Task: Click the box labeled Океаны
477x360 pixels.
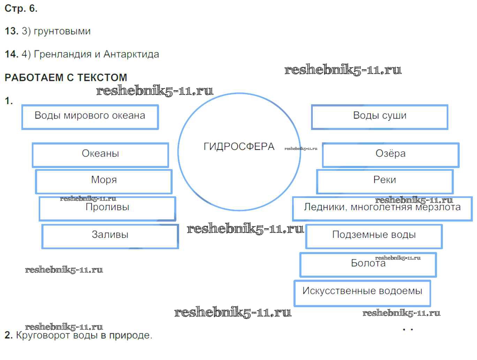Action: [100, 154]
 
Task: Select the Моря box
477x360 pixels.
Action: [104, 181]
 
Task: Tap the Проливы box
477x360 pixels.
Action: [107, 208]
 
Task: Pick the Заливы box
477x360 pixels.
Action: [110, 236]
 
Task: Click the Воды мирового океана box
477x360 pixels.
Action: [90, 116]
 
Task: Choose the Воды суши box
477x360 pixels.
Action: [380, 116]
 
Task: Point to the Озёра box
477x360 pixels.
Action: [391, 154]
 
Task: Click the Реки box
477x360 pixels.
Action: [385, 181]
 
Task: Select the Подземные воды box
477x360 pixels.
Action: [374, 236]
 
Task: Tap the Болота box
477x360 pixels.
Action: [368, 264]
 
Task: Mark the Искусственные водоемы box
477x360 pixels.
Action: [362, 292]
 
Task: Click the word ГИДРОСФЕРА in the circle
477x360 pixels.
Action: [239, 147]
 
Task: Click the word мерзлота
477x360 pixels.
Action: [441, 207]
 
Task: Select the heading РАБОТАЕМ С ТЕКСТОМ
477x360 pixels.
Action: [66, 77]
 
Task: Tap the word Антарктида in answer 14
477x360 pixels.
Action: [131, 54]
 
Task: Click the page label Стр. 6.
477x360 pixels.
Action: [21, 8]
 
